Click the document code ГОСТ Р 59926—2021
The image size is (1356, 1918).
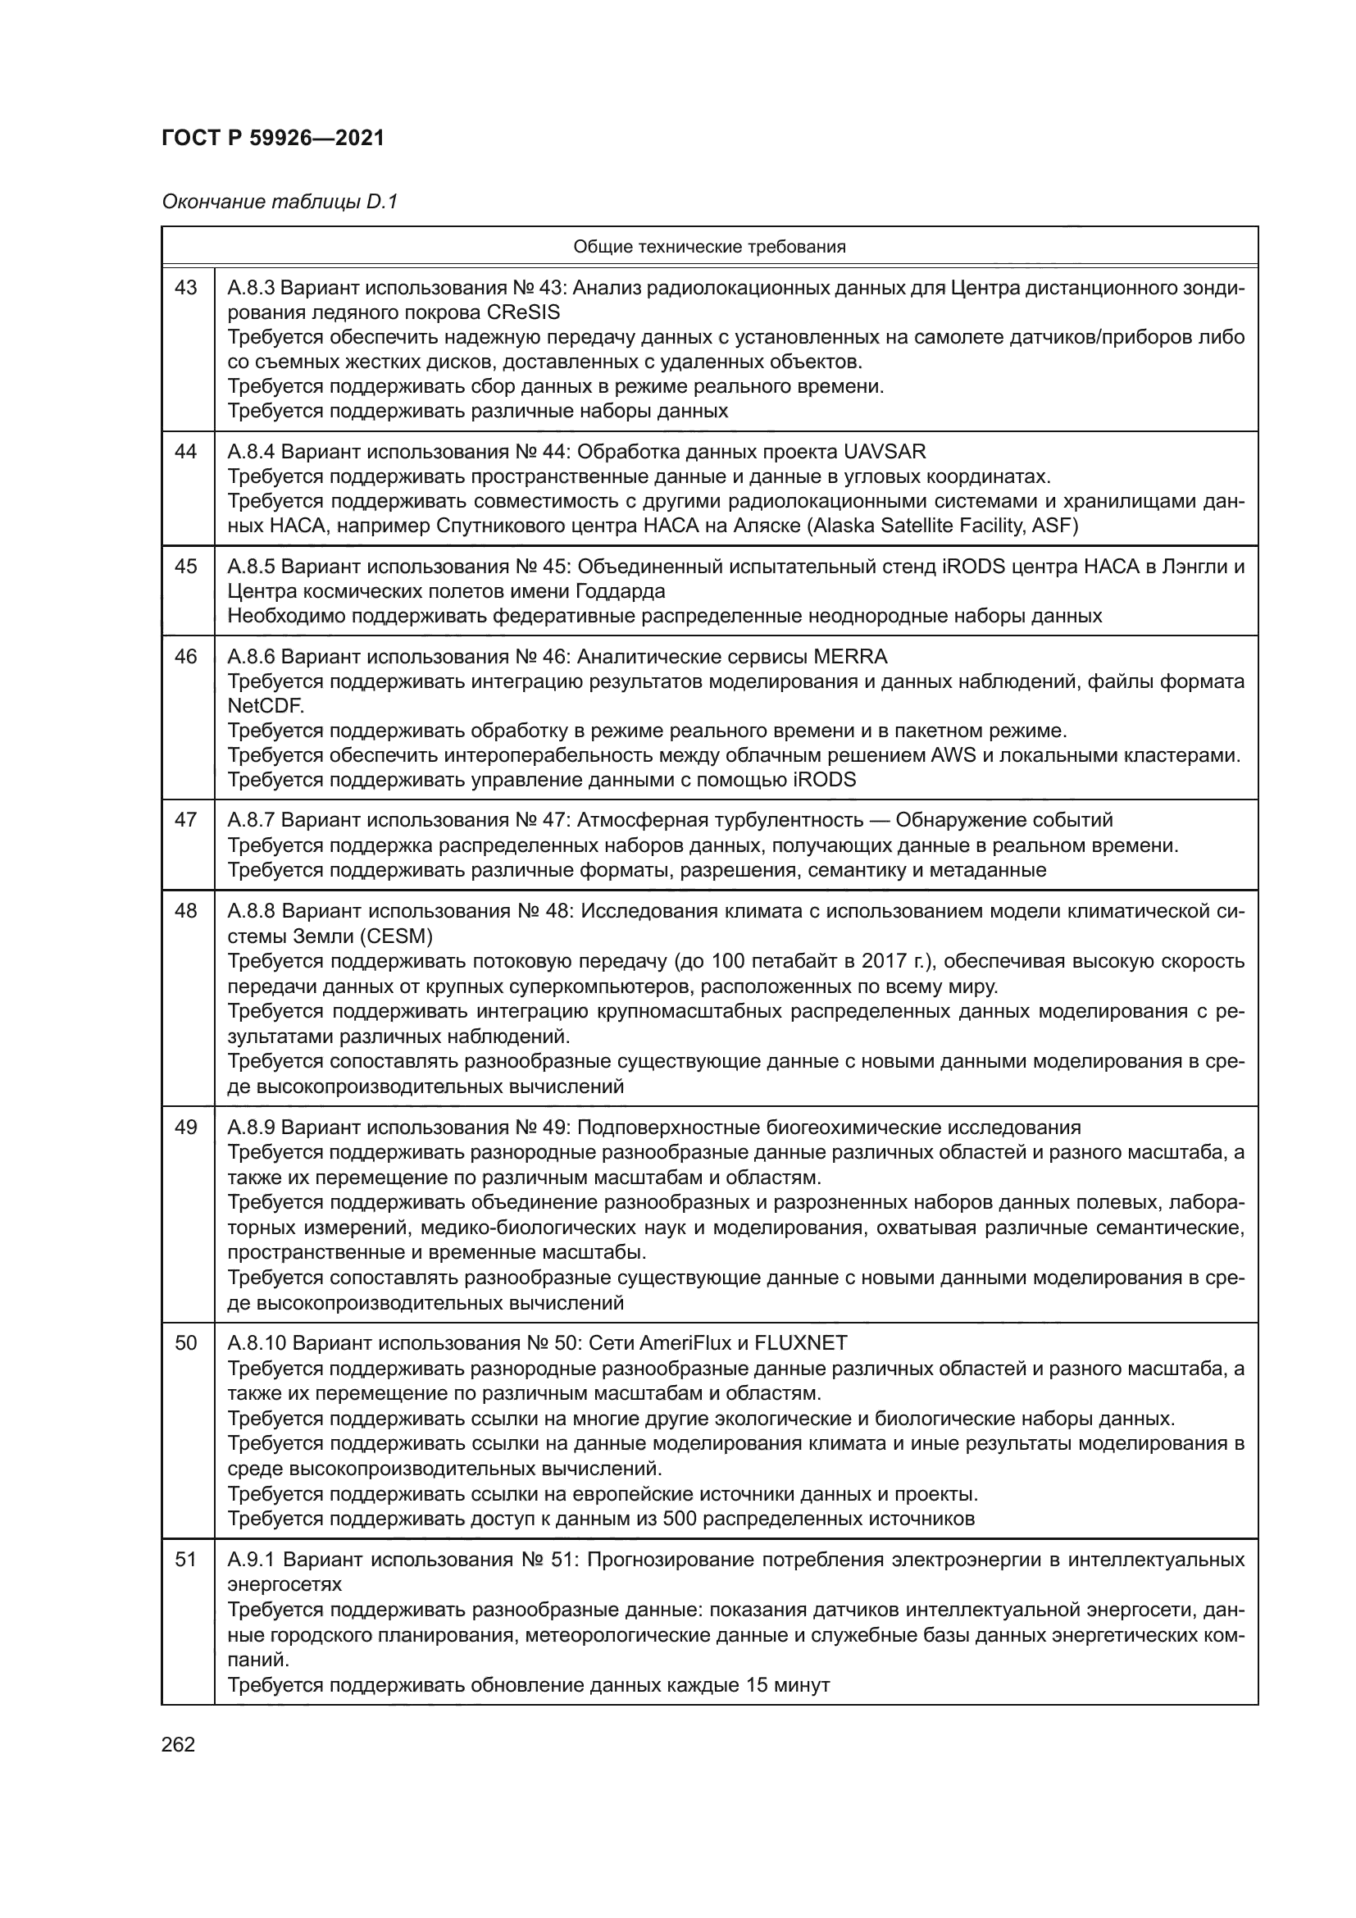tap(273, 139)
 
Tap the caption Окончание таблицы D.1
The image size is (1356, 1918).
tap(280, 203)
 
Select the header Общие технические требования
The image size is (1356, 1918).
tap(709, 247)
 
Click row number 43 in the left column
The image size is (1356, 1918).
tap(186, 288)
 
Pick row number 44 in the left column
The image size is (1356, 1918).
tap(186, 452)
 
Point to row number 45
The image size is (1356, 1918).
tap(186, 567)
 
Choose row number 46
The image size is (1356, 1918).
tap(186, 657)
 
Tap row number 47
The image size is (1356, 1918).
tap(186, 820)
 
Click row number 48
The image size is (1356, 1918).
tap(186, 910)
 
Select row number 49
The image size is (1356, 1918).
tap(186, 1128)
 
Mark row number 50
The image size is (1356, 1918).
tap(186, 1343)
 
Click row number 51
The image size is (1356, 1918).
tap(186, 1560)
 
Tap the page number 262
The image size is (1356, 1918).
tap(178, 1744)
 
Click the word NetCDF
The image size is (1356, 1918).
tap(264, 706)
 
